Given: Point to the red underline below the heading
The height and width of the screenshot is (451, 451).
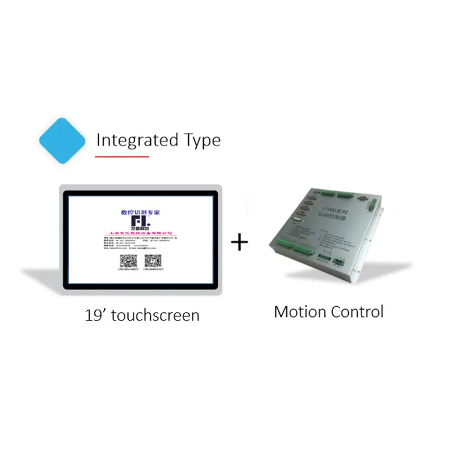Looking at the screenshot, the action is pyautogui.click(x=122, y=156).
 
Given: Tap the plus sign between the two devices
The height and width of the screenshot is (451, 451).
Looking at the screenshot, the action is pyautogui.click(x=240, y=242).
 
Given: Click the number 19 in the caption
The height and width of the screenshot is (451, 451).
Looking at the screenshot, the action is pyautogui.click(x=94, y=315).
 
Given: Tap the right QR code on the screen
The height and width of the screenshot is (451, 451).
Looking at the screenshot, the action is pyautogui.click(x=152, y=262).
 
